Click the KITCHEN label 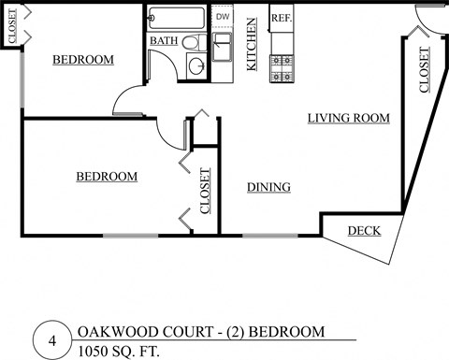tap(252, 45)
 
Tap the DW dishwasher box tap(223, 17)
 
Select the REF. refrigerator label tap(281, 17)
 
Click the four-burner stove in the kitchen tap(282, 66)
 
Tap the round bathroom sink tap(196, 66)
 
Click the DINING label tap(268, 187)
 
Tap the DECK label tap(364, 231)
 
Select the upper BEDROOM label tap(82, 60)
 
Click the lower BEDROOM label tap(107, 176)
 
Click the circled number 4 tap(52, 341)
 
